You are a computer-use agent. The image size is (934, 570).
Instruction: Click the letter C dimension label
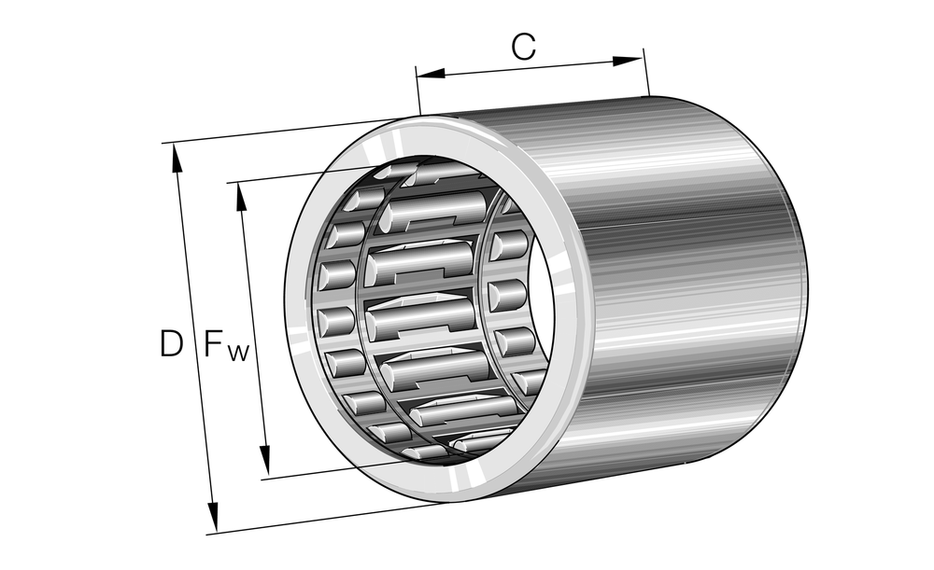click(524, 48)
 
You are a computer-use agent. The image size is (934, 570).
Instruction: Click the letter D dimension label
click(171, 344)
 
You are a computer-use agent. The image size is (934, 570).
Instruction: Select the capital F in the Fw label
click(214, 344)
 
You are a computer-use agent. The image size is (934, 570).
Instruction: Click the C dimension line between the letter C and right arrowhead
click(579, 64)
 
